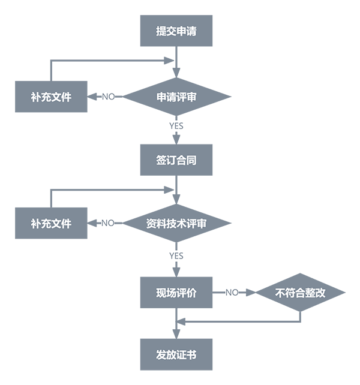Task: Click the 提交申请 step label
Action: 176,32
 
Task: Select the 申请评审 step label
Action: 176,97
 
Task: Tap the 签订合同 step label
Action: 176,161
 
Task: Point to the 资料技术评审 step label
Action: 176,224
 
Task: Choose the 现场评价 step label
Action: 176,293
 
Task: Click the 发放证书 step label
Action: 176,355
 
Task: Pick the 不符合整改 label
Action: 300,293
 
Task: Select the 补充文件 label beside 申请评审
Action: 51,97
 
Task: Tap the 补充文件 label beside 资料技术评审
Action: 51,224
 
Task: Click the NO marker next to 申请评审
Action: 109,97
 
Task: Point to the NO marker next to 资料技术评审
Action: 109,224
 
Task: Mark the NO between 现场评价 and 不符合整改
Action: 232,293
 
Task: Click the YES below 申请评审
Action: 176,127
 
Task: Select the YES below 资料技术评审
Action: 176,256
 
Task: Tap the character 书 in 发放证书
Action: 191,355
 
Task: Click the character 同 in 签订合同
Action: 191,161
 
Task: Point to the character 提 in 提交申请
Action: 161,32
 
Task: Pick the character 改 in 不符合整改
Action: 320,293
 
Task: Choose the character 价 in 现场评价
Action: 191,293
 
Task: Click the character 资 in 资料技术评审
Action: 152,224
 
